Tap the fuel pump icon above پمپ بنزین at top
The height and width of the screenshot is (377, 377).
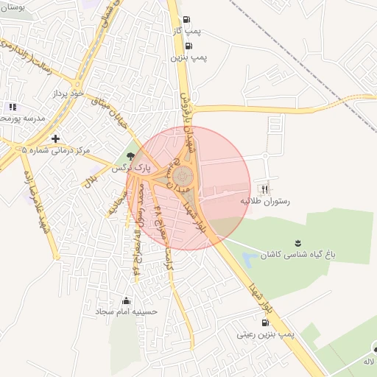point(189,45)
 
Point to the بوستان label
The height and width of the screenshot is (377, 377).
point(13,6)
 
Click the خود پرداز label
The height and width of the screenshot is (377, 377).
point(69,95)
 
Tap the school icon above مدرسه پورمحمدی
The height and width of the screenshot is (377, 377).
point(12,107)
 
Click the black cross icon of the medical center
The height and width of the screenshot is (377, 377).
point(54,138)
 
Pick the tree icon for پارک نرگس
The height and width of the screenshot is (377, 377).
point(131,156)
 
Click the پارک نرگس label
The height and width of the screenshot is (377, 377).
point(130,168)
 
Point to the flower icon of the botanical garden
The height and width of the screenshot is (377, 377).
point(297,242)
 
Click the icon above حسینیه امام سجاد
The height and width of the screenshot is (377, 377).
point(126,300)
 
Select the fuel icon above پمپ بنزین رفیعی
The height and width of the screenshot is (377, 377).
point(264,323)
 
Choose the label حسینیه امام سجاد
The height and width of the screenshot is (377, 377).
point(122,312)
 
